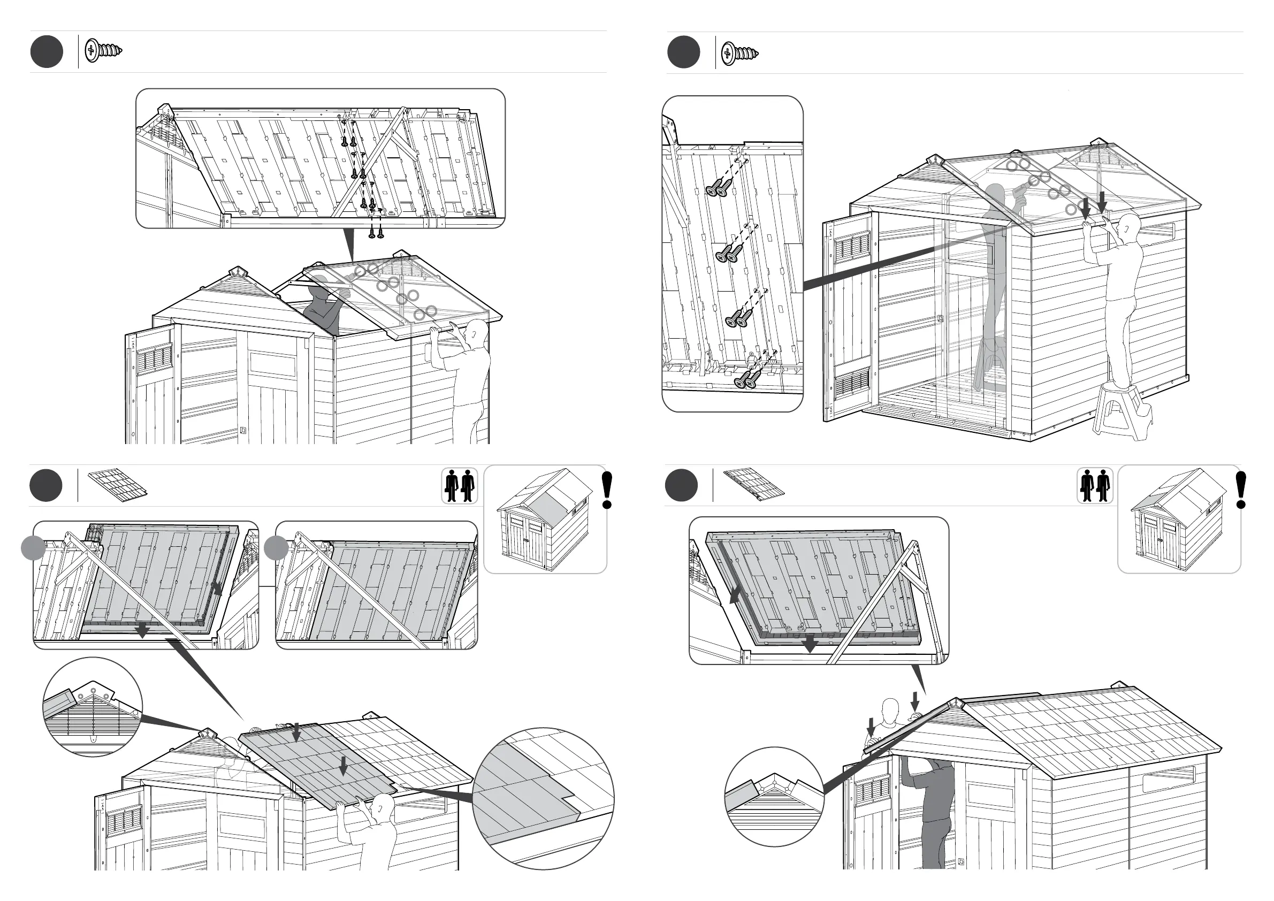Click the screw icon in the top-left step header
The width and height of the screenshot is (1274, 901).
[x=104, y=51]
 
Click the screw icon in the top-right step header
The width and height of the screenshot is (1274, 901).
[x=739, y=54]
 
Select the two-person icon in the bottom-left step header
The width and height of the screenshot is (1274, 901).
[x=460, y=486]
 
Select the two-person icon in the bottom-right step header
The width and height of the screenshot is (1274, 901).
[x=1095, y=486]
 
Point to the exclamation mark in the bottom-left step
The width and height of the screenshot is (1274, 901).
[x=608, y=490]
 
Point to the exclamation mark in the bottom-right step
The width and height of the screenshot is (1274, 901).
[x=1242, y=490]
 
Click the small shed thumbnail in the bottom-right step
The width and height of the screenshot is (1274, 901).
[x=1178, y=520]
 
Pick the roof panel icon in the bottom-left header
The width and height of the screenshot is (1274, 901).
[x=118, y=486]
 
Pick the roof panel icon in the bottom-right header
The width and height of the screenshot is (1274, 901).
[x=753, y=485]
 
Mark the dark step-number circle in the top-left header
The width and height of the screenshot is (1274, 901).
[x=47, y=51]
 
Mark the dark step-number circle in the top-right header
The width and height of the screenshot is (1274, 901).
[x=683, y=51]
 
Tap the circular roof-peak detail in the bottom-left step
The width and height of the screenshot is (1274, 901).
[x=93, y=706]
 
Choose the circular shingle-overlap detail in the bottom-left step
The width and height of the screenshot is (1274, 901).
[x=543, y=798]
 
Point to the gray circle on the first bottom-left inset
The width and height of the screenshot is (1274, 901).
[x=33, y=547]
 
